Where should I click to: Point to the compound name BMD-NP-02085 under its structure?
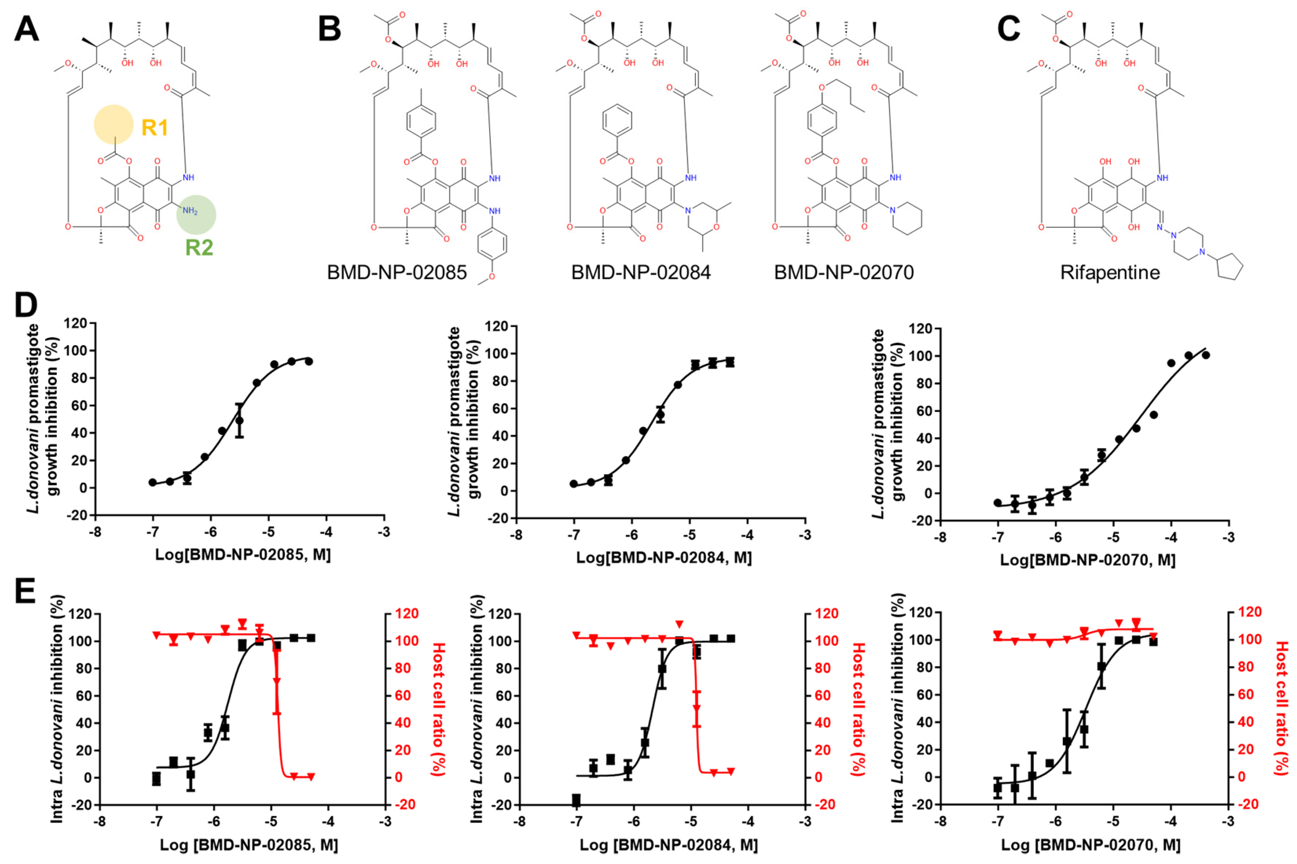click(x=396, y=272)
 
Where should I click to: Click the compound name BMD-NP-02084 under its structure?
click(x=641, y=272)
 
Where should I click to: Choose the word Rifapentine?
click(x=1109, y=272)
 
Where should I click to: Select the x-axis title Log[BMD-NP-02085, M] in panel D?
click(x=242, y=554)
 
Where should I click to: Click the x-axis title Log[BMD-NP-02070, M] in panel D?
click(x=1088, y=560)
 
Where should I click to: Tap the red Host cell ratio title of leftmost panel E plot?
click(x=438, y=709)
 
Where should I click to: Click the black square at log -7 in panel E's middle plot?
click(x=576, y=799)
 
